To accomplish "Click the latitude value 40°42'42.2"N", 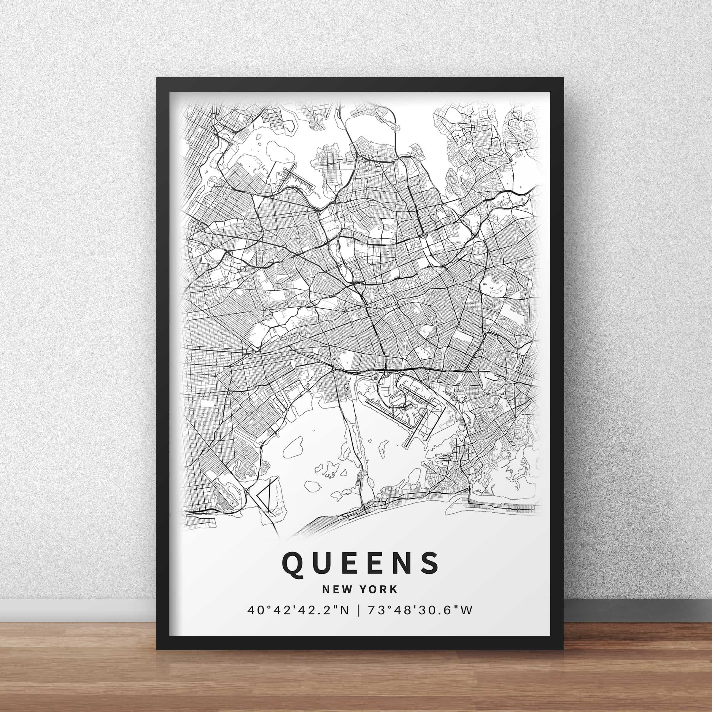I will pyautogui.click(x=298, y=622).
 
